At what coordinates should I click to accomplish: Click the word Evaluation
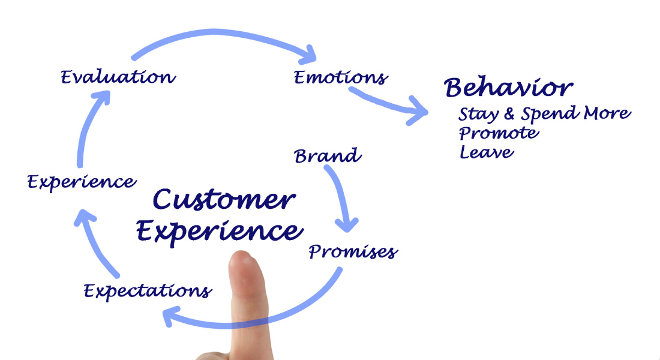tap(118, 77)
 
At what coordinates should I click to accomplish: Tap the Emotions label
tap(340, 77)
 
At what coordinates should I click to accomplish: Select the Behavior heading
tap(508, 88)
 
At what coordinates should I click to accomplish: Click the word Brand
tap(328, 156)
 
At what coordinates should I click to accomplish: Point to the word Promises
tap(353, 251)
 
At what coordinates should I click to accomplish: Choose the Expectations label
tap(148, 291)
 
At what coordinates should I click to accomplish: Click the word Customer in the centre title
tap(223, 200)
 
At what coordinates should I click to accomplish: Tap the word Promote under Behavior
tap(499, 133)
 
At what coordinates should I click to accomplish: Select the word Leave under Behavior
tap(487, 152)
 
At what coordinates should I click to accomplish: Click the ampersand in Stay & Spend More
tap(510, 113)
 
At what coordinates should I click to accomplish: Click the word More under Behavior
tap(607, 113)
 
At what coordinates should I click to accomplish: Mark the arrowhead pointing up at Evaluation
tap(102, 97)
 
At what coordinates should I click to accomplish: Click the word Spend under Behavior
tap(550, 114)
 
